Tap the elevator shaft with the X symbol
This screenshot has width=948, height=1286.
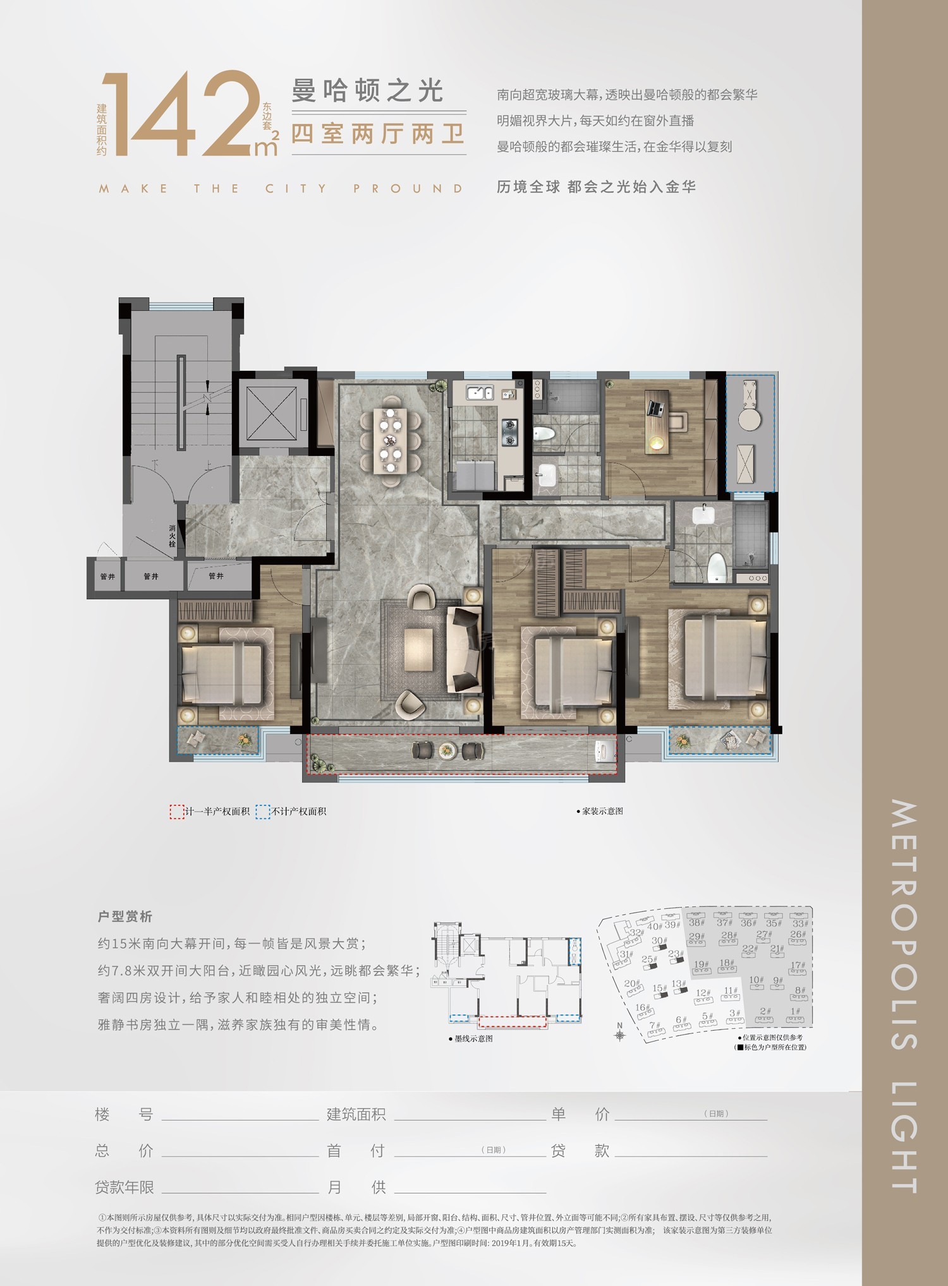[271, 413]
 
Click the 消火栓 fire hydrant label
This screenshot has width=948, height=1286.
[172, 536]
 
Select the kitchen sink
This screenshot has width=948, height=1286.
[480, 393]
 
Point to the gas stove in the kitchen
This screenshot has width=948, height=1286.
[509, 431]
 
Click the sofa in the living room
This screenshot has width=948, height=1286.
[462, 649]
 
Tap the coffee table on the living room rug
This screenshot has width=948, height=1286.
[418, 649]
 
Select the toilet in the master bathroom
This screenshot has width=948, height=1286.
[715, 567]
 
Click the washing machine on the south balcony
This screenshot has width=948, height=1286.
[605, 752]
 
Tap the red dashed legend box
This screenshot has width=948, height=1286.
[176, 812]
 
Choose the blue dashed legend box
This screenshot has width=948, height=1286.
[262, 812]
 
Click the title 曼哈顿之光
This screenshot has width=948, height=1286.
[368, 91]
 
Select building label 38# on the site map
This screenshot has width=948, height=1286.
[696, 922]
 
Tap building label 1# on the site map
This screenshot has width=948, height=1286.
[795, 1011]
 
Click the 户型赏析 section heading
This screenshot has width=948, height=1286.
[125, 916]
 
